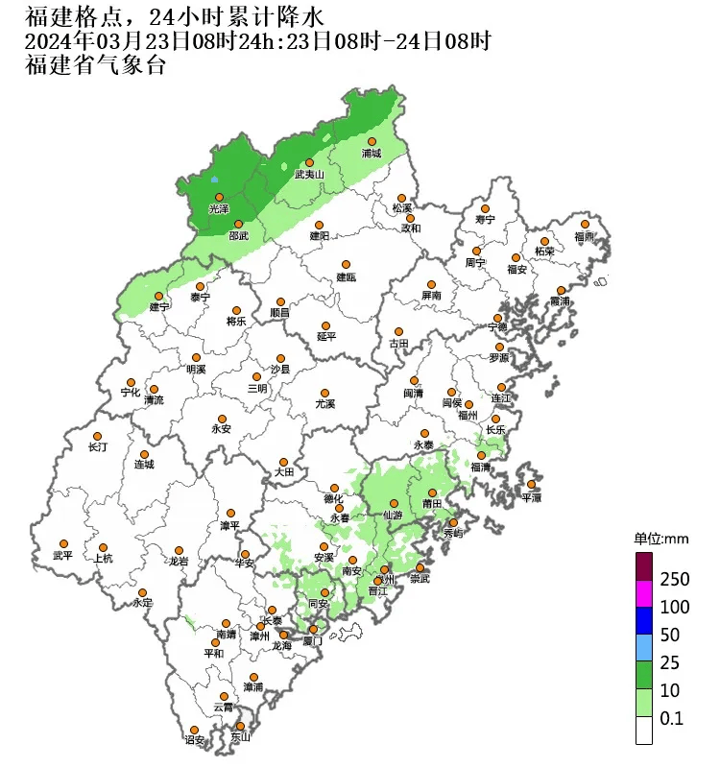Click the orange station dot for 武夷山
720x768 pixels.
[309, 163]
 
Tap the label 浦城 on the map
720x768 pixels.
[372, 154]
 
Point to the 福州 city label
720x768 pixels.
[468, 416]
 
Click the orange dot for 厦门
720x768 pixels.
[313, 630]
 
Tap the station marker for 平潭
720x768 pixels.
[531, 485]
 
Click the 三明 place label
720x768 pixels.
[257, 389]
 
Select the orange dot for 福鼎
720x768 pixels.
[585, 224]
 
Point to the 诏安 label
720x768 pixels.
[195, 740]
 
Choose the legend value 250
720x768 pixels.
[676, 580]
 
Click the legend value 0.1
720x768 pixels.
[671, 718]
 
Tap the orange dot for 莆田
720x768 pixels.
[432, 492]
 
